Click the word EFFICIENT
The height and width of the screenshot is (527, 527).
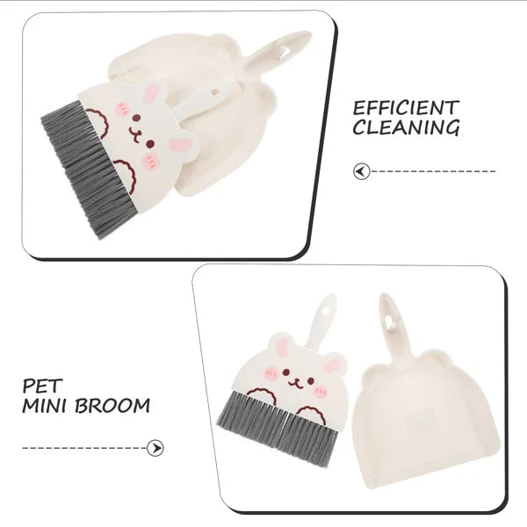pos(406,108)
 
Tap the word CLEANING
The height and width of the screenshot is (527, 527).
pos(406,128)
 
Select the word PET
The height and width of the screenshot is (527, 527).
pos(40,386)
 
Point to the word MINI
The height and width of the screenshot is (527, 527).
pos(48,407)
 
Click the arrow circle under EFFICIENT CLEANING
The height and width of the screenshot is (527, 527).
pos(360,171)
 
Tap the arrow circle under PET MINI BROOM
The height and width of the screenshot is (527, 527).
pos(156,448)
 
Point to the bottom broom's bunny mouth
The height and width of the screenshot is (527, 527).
pos(297,383)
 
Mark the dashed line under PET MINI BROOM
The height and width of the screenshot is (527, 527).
pos(83,448)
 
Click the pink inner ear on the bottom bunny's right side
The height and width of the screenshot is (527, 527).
pos(331,365)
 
